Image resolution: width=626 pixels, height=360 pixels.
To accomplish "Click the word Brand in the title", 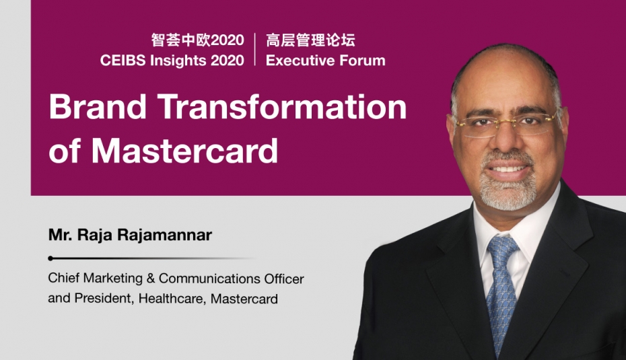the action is click(x=98, y=106).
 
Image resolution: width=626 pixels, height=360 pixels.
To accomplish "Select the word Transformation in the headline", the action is click(x=282, y=106).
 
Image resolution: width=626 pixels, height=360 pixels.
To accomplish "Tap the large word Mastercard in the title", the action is click(x=184, y=150).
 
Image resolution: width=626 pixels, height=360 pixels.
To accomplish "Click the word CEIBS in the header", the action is click(x=123, y=61).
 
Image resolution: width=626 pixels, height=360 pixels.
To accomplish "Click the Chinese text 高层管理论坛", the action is click(x=310, y=40).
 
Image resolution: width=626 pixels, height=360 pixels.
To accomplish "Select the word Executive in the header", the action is click(x=300, y=61).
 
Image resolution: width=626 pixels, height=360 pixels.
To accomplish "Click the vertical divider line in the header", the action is click(x=255, y=50).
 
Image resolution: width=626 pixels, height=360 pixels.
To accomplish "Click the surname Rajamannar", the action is click(x=165, y=235).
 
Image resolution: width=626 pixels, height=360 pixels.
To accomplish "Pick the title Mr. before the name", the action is click(x=61, y=235).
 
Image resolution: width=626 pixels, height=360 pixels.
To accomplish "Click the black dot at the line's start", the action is click(x=50, y=258).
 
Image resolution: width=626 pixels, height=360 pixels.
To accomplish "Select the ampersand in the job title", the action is click(x=151, y=278).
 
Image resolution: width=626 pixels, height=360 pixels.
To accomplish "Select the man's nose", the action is click(x=506, y=138).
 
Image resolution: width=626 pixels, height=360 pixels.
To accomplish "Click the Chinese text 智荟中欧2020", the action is click(x=198, y=40).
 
